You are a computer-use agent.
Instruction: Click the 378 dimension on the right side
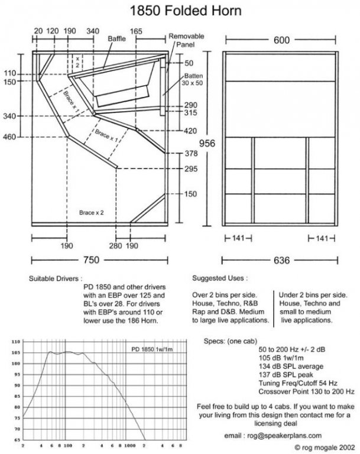(x=190, y=153)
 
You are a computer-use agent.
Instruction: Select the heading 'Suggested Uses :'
(x=219, y=277)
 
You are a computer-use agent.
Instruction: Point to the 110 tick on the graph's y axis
(x=16, y=342)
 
